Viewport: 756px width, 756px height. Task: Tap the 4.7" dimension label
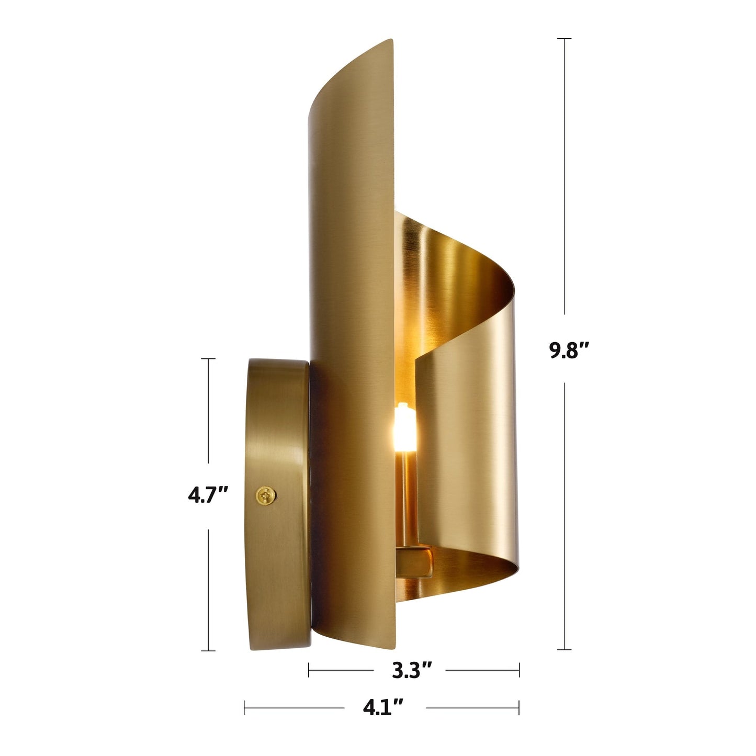(x=208, y=494)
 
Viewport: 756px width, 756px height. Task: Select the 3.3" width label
(x=412, y=669)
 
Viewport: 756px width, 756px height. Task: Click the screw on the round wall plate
(x=266, y=495)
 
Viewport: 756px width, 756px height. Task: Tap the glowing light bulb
(x=404, y=424)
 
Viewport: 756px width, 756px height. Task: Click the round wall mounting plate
(x=277, y=502)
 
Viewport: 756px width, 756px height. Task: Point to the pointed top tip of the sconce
(x=391, y=40)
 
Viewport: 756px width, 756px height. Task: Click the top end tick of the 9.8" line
(x=564, y=39)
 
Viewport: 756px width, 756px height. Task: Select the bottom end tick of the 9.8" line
(x=564, y=649)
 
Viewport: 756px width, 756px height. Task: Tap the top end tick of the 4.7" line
(x=208, y=359)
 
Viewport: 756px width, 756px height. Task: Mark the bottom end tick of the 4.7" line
(x=208, y=651)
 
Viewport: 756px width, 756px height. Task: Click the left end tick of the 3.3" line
(x=309, y=669)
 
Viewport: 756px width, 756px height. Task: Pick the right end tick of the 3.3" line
(x=519, y=669)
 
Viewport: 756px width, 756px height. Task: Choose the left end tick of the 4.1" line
(x=244, y=708)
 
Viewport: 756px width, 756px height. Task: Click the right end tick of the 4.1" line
(x=519, y=708)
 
